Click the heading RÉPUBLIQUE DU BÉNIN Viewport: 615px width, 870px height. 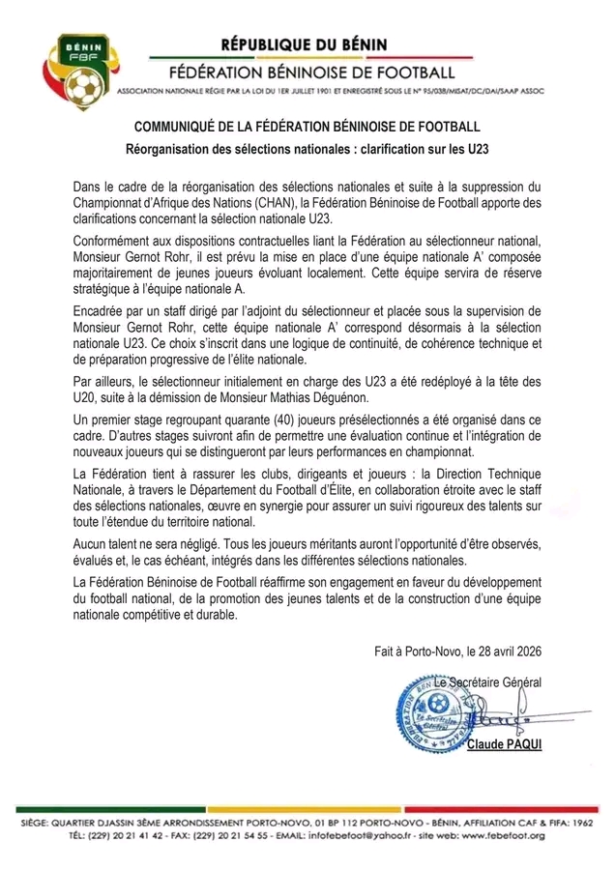(303, 44)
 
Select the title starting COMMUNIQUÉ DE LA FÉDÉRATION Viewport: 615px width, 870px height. (307, 127)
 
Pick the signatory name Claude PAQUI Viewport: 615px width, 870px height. (506, 747)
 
